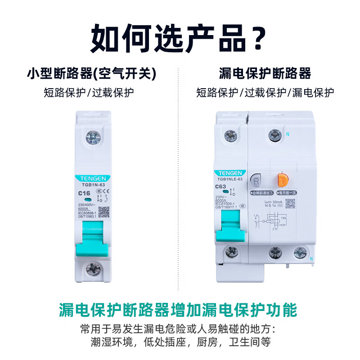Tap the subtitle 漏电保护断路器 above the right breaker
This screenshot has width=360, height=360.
click(x=265, y=73)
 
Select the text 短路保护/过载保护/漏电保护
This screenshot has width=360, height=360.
click(x=265, y=93)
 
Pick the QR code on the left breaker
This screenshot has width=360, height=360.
click(x=103, y=211)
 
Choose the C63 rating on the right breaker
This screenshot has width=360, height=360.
click(x=221, y=186)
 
